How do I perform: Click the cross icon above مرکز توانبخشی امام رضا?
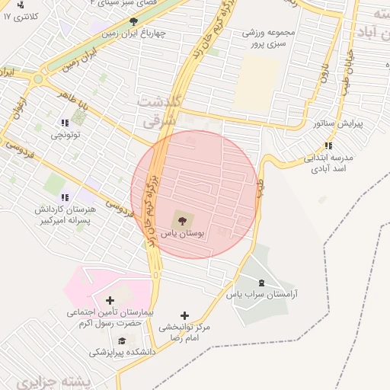(184, 315)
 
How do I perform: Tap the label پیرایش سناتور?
(337, 123)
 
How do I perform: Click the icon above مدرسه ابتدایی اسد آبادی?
(328, 146)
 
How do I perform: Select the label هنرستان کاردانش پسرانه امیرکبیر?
(63, 214)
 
